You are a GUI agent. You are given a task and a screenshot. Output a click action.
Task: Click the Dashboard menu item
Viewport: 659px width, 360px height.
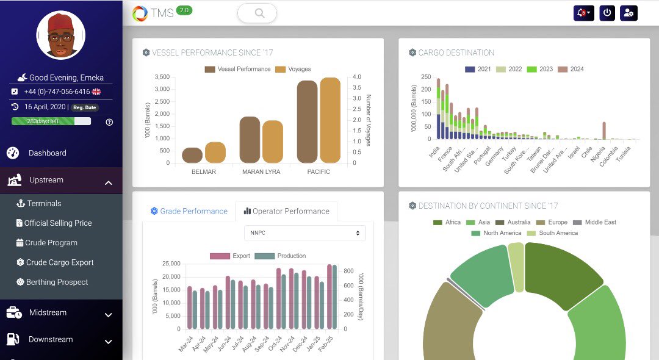point(47,153)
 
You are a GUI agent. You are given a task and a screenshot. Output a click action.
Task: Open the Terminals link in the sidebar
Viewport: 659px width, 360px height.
point(43,203)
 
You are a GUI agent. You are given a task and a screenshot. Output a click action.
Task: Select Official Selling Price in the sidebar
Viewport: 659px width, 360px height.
point(57,223)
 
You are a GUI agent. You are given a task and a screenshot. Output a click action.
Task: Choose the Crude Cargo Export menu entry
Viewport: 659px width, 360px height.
point(59,262)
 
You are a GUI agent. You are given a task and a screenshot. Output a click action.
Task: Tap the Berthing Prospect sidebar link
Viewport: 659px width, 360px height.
point(57,282)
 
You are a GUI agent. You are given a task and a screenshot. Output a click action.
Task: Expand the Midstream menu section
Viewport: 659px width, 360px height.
point(60,313)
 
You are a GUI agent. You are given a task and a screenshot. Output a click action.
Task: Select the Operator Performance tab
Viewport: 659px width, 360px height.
point(286,211)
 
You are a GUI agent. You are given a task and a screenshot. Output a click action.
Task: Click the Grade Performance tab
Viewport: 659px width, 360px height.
point(189,211)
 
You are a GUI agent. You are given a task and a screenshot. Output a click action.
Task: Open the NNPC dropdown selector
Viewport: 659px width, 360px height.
point(304,233)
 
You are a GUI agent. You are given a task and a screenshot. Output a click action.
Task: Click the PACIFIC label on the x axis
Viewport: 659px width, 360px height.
point(319,172)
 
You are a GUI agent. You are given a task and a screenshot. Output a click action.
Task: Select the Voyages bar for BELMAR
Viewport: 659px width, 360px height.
point(215,153)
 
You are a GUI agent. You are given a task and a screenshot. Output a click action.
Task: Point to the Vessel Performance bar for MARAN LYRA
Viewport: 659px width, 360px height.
point(250,140)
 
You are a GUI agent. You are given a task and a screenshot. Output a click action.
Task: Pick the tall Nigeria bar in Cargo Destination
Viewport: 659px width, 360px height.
point(604,131)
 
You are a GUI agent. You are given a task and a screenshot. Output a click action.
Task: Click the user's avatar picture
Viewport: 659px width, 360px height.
point(60,35)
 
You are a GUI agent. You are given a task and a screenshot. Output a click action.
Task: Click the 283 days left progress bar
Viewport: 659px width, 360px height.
point(51,121)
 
